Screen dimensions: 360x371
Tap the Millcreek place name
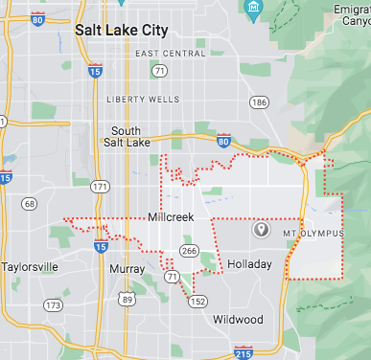(x=171, y=217)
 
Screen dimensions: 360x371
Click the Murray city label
(x=127, y=269)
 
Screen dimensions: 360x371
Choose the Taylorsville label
(x=31, y=266)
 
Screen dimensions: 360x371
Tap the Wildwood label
(x=238, y=319)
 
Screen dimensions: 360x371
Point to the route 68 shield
(x=30, y=203)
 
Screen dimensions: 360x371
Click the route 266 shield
(x=189, y=251)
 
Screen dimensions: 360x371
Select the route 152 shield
(x=197, y=301)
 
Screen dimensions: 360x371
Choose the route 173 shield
(x=53, y=305)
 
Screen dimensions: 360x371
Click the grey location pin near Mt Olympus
(x=260, y=230)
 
